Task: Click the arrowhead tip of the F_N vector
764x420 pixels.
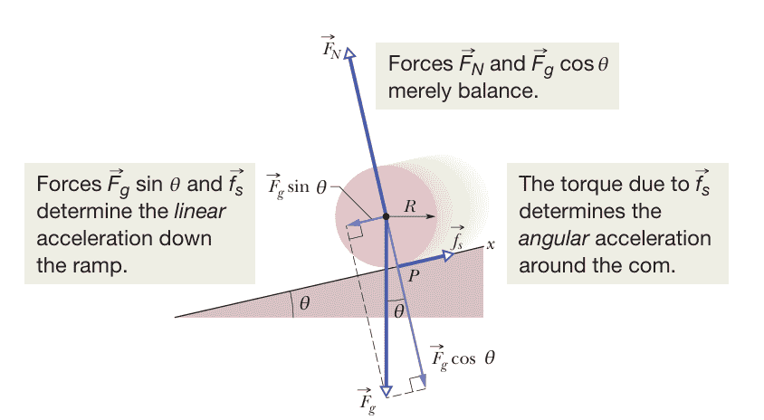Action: click(x=349, y=49)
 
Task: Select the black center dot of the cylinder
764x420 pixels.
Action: click(x=386, y=216)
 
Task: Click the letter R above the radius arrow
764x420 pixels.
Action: click(x=410, y=206)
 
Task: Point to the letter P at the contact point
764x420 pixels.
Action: click(x=413, y=276)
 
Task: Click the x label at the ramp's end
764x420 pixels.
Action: click(x=491, y=244)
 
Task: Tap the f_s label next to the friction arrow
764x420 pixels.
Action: click(x=457, y=238)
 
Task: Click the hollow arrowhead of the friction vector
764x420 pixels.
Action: click(x=449, y=255)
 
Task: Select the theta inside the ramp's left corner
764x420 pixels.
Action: click(x=304, y=303)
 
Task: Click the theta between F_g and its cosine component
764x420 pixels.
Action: click(x=398, y=311)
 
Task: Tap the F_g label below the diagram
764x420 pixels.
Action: click(x=367, y=401)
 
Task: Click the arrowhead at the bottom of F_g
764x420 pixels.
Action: click(x=386, y=392)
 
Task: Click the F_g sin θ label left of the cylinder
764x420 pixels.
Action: click(x=297, y=186)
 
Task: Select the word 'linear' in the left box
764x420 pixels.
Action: click(x=200, y=212)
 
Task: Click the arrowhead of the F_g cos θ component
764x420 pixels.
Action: click(x=423, y=381)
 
